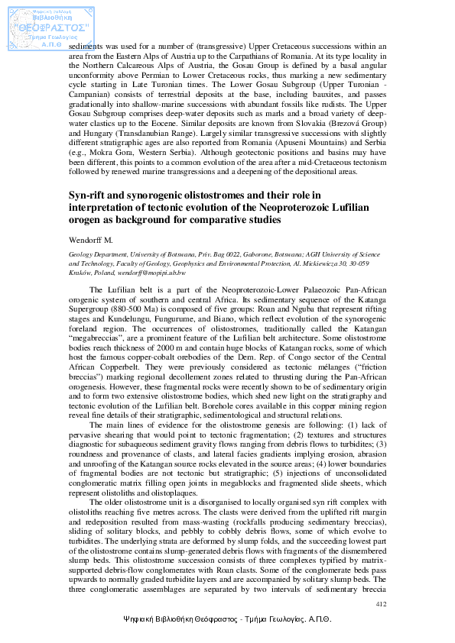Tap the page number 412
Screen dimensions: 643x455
(x=382, y=604)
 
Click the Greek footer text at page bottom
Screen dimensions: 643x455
(x=227, y=621)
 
